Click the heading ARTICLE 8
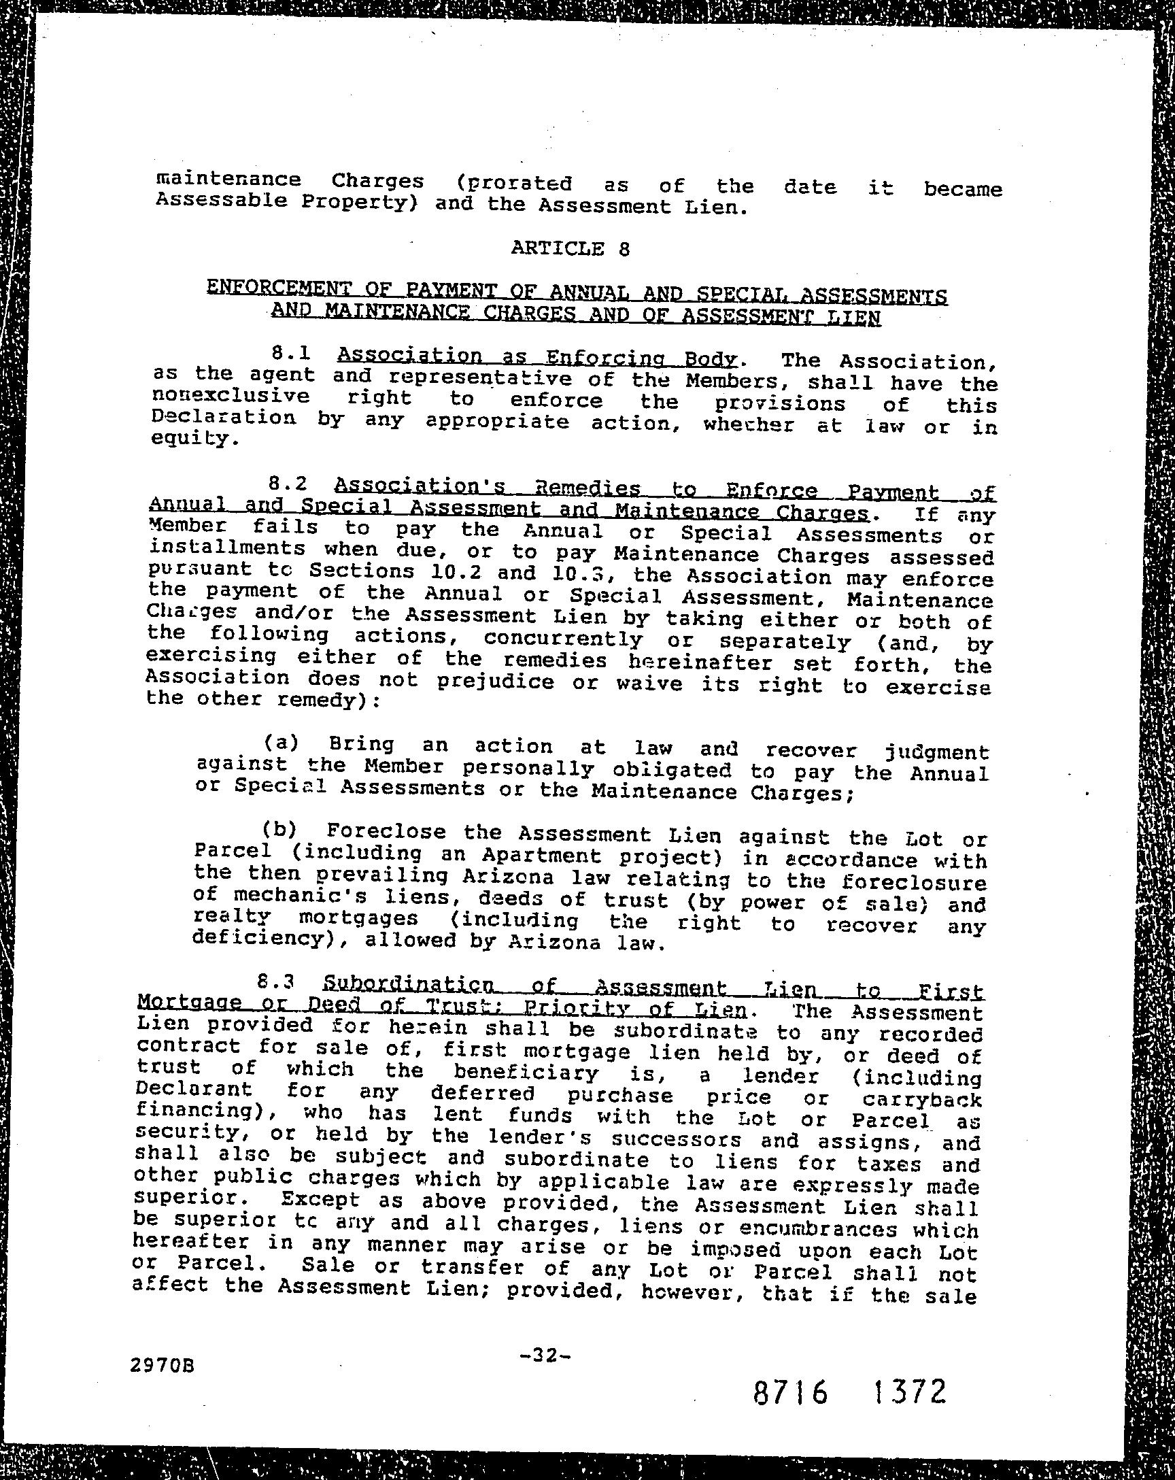coord(570,248)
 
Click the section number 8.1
coord(291,354)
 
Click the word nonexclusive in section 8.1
coord(231,397)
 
